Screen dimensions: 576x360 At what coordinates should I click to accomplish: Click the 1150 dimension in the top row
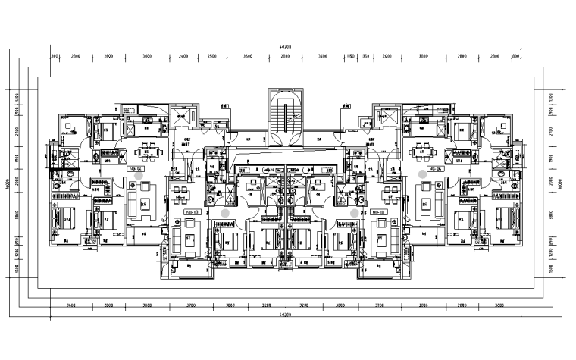tap(351, 56)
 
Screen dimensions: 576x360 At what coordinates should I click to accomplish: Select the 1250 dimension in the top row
tap(365, 56)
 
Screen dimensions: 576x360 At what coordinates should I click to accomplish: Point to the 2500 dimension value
tap(212, 56)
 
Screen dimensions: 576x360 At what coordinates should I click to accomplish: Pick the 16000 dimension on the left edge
tap(7, 186)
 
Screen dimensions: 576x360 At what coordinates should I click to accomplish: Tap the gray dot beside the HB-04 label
tap(421, 174)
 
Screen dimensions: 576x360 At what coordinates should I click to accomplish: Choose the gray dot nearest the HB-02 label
tap(354, 214)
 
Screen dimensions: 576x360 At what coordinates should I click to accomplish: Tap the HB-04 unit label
tap(436, 168)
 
